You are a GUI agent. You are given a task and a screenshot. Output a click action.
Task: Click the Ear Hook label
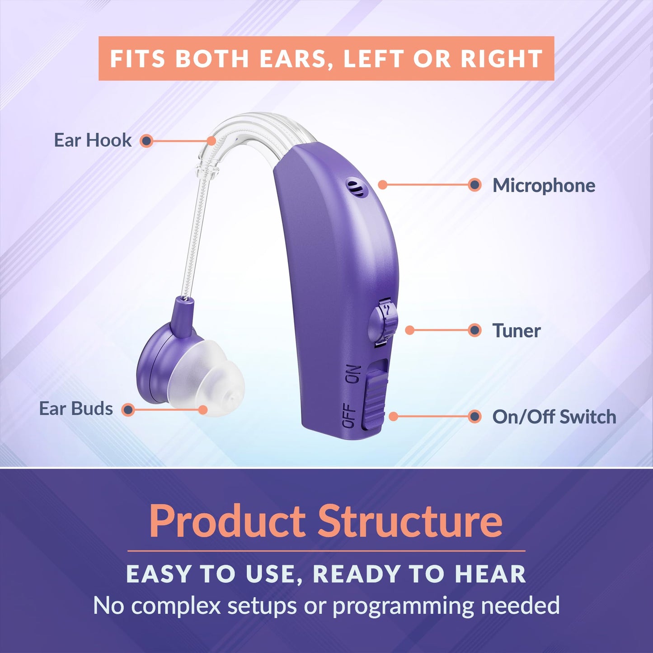[93, 141]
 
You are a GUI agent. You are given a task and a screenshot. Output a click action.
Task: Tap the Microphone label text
[544, 186]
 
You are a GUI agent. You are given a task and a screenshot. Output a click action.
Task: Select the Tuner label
[516, 331]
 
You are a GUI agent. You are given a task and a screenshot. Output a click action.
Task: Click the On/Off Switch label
[554, 417]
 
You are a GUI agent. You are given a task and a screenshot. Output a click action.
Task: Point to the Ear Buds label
[76, 409]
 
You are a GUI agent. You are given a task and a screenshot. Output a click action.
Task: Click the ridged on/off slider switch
[375, 398]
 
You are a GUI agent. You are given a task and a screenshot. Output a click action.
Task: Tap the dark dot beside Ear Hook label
[146, 141]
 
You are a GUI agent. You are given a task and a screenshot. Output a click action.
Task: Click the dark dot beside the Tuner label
[474, 330]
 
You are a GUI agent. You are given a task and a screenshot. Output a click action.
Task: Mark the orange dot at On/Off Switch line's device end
[394, 416]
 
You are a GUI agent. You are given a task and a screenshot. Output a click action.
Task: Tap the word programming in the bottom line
[403, 606]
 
